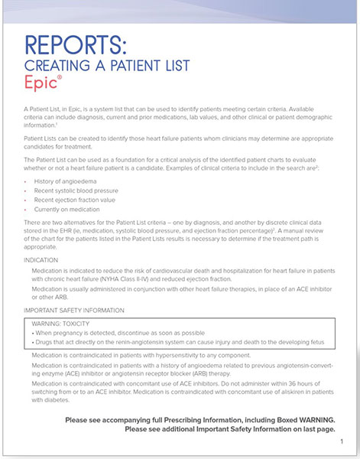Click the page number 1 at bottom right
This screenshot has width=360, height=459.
341,441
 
